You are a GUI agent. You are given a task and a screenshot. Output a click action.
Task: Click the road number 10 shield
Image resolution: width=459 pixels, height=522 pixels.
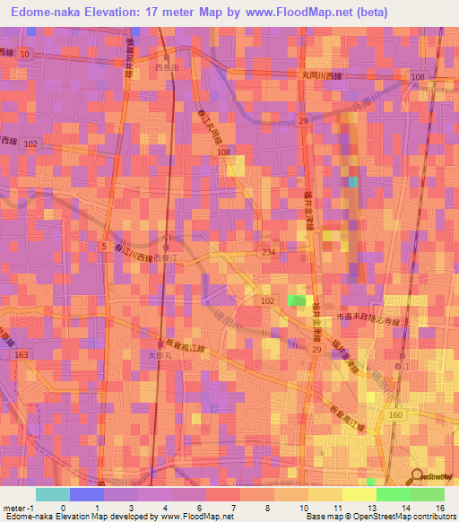pos(24,54)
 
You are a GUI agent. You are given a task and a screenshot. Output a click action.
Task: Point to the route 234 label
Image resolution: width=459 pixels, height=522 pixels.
pos(267,253)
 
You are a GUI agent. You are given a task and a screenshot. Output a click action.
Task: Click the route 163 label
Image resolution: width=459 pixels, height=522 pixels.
pos(21,356)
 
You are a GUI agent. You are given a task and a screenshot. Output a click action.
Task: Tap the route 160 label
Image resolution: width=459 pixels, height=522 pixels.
pos(395,415)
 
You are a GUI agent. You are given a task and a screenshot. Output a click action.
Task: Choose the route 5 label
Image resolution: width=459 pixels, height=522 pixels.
pos(106,245)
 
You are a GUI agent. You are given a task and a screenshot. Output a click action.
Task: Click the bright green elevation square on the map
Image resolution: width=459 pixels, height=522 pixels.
pos(297,301)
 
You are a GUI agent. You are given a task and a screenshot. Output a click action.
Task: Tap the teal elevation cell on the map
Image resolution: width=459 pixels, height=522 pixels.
pos(353,182)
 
